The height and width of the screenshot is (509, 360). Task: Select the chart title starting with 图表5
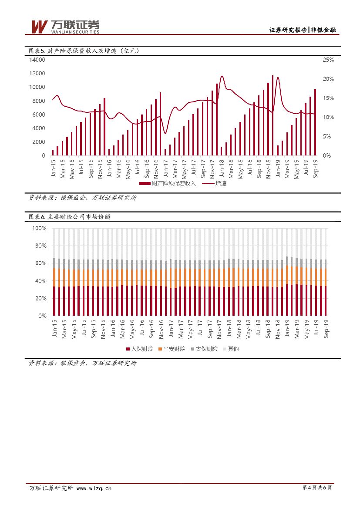click(x=84, y=51)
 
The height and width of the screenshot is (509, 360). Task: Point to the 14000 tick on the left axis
click(x=37, y=60)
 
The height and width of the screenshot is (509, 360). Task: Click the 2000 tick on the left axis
click(x=39, y=142)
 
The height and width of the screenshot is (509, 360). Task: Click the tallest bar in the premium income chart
click(x=273, y=115)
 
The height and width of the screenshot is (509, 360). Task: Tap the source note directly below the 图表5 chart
click(x=83, y=198)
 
